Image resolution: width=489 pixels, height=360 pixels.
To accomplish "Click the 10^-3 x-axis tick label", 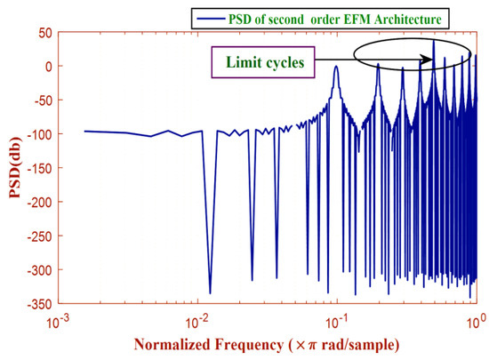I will click(x=59, y=318).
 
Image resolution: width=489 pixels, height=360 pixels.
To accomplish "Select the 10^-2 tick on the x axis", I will click(x=197, y=318).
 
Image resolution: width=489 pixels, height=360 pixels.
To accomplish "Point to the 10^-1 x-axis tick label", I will click(x=337, y=318).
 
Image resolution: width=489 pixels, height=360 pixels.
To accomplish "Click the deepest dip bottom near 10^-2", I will click(x=210, y=292).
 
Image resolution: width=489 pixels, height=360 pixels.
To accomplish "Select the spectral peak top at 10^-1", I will click(x=336, y=67).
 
